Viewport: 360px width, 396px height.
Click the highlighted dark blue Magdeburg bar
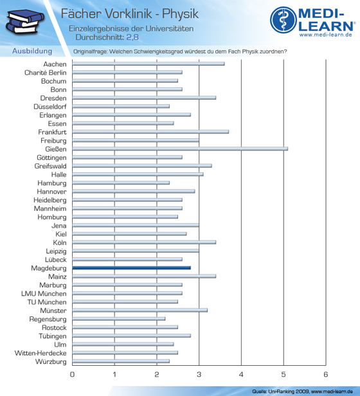[x=131, y=267]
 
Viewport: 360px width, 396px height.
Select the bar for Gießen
[x=180, y=148]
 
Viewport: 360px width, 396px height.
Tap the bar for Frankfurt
[x=150, y=132]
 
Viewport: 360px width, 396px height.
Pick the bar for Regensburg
[x=119, y=319]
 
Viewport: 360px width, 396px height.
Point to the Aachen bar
[x=148, y=64]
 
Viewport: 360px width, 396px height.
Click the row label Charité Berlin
[x=46, y=73]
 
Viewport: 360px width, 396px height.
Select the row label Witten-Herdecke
[x=40, y=353]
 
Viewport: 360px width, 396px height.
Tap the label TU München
[x=47, y=302]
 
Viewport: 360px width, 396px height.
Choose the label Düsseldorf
[x=50, y=107]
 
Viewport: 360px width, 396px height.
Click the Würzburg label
[x=51, y=362]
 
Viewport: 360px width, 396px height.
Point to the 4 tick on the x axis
[x=241, y=374]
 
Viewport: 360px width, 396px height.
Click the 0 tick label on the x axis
[x=72, y=374]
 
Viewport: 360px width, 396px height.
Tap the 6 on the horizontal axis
[x=326, y=374]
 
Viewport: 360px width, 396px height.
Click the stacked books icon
[x=25, y=21]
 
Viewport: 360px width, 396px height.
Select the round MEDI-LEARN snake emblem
[x=283, y=20]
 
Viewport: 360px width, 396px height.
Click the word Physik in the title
[x=180, y=14]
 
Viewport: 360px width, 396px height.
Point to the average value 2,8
[x=132, y=37]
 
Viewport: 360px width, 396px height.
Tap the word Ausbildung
[x=32, y=51]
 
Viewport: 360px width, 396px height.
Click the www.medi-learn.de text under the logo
[x=326, y=35]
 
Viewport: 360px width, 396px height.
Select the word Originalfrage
[x=90, y=51]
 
